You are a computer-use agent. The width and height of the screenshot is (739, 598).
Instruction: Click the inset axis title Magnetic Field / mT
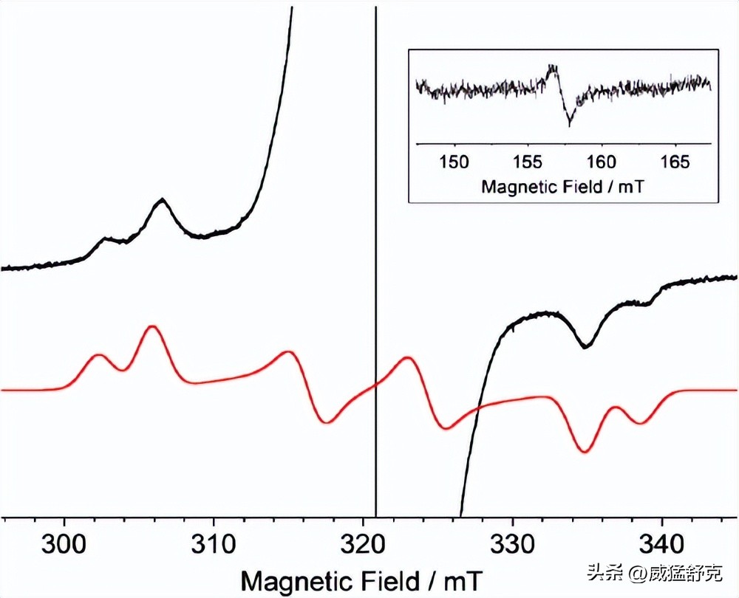[562, 186]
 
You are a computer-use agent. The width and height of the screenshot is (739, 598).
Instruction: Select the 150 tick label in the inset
[454, 161]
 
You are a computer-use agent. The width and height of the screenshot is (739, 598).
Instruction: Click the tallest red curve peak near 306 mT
[152, 326]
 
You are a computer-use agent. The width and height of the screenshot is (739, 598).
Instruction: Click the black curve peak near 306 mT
[161, 200]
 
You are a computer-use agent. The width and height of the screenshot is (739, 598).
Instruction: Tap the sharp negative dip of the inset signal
[569, 123]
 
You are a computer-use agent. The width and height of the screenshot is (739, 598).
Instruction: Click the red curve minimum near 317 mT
[327, 422]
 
